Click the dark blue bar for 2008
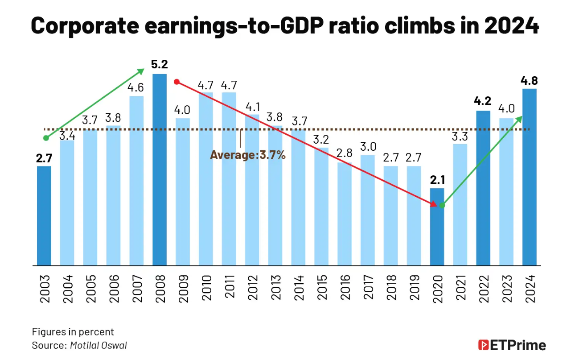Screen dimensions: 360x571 point(160,170)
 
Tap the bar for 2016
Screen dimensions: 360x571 point(345,214)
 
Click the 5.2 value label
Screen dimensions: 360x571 point(159,65)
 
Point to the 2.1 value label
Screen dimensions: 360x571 point(437,180)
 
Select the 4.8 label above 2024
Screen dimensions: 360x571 point(529,81)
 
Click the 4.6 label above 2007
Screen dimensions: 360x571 point(136,87)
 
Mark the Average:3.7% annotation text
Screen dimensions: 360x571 point(248,155)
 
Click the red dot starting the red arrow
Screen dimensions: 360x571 point(177,82)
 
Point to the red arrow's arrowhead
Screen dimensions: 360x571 point(433,204)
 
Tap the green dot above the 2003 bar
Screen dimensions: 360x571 point(45,138)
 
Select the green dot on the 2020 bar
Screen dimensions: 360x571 point(442,205)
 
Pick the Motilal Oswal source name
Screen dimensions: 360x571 point(99,345)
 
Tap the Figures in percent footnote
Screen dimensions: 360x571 point(73,332)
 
